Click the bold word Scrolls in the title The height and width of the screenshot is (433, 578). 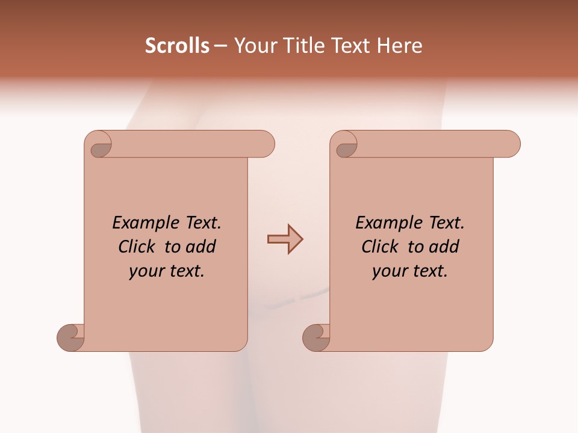(x=177, y=46)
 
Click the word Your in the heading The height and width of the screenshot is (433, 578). (x=253, y=46)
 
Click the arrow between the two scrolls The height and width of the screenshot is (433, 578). (x=285, y=239)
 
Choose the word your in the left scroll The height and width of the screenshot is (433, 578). (x=146, y=271)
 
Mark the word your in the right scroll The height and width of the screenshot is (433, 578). (x=390, y=271)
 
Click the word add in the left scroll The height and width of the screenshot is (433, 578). (x=202, y=247)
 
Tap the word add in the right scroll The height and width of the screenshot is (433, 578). (x=445, y=247)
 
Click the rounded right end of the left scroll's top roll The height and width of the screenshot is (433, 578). (x=265, y=144)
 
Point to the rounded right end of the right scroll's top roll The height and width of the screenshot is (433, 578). (x=511, y=144)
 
